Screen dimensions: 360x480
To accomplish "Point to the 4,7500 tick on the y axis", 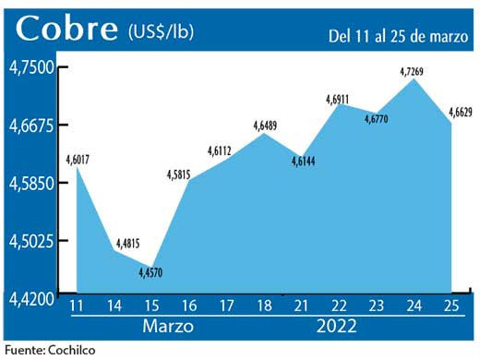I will point(32,67).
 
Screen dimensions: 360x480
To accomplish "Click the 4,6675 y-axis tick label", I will point(32,125).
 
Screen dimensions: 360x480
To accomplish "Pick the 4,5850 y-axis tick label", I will point(32,183).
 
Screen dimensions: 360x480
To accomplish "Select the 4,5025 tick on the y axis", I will point(32,240).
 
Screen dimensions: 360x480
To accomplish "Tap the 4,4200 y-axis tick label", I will point(32,297).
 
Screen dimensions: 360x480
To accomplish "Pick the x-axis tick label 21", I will point(301,306).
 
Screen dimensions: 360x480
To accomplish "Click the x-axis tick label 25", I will point(452,306).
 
